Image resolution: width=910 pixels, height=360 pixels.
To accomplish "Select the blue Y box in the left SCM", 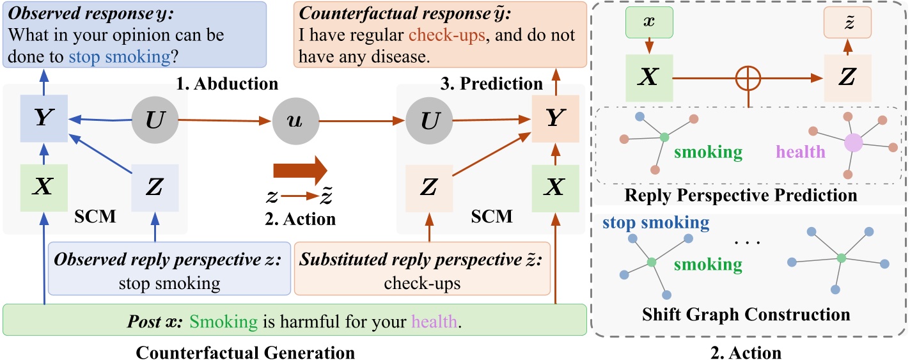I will (44, 120).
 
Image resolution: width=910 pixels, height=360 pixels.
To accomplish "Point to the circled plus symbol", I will (749, 81).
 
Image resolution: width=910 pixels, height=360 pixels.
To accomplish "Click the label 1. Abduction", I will (238, 84).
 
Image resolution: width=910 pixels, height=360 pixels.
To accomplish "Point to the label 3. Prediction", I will (501, 84).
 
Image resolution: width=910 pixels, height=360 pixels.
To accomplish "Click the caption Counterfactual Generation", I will (246, 352).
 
